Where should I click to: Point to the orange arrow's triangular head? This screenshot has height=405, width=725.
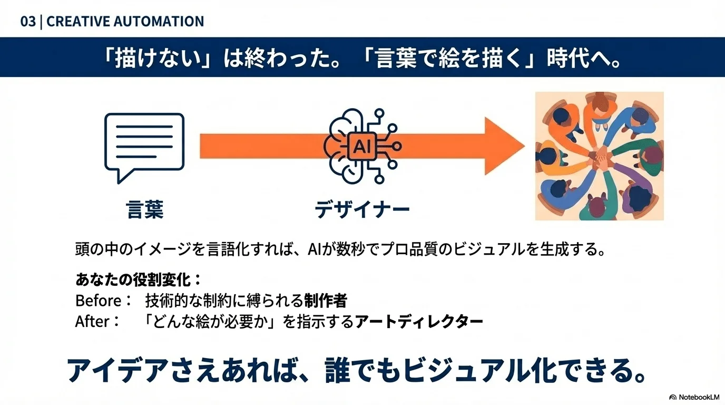pyautogui.click(x=503, y=146)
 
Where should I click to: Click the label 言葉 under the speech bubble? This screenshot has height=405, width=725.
pyautogui.click(x=145, y=209)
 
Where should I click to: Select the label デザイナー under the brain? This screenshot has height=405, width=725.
pyautogui.click(x=362, y=209)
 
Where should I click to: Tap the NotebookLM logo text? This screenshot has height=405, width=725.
pyautogui.click(x=699, y=397)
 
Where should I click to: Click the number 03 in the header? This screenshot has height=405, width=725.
pyautogui.click(x=28, y=22)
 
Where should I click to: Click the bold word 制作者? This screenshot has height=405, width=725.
pyautogui.click(x=326, y=301)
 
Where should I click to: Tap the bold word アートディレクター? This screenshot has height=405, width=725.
pyautogui.click(x=419, y=321)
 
